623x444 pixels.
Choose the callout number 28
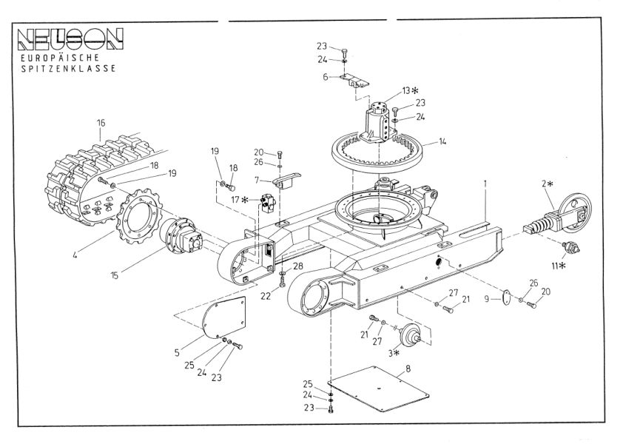297,266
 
